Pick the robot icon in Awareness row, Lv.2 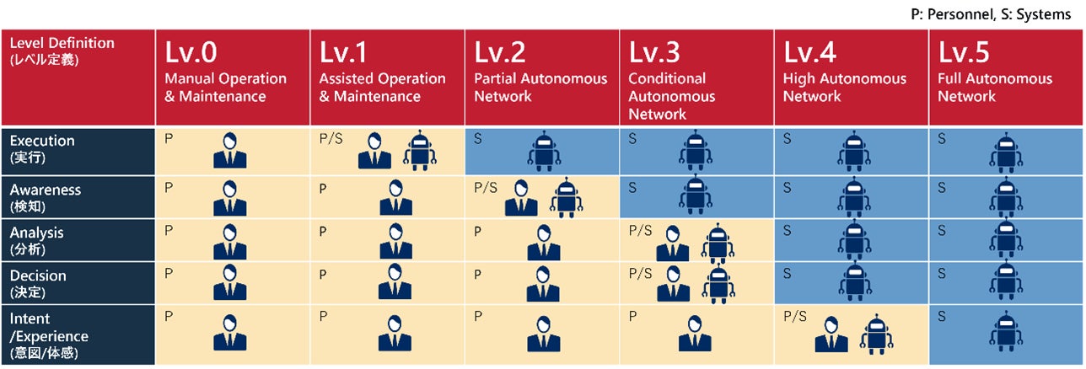tap(566, 198)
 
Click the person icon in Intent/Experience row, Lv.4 tap(831, 334)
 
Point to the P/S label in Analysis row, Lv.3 tap(641, 231)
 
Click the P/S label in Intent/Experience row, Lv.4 tap(795, 317)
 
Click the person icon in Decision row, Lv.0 tap(229, 283)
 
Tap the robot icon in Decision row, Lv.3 tap(718, 285)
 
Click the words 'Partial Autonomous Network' tap(540, 88)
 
